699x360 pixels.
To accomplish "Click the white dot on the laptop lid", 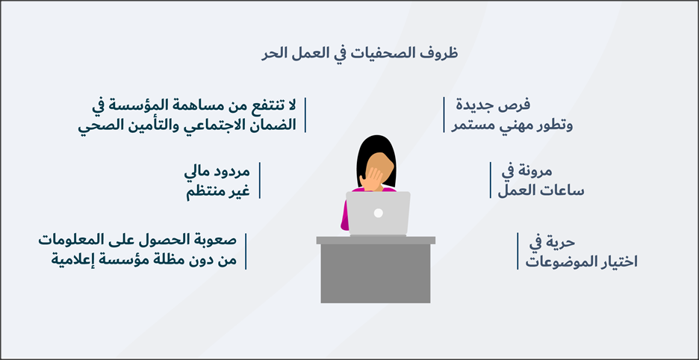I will tap(378, 213).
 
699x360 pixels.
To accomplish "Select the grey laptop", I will tap(378, 214).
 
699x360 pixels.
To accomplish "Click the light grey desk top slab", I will tap(376, 240).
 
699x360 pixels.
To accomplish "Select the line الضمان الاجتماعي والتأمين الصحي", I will tap(187, 125).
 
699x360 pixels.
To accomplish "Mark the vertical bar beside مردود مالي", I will tap(259, 180).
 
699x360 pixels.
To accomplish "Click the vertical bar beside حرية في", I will tap(518, 251).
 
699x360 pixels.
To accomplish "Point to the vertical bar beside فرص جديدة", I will tap(444, 114).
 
